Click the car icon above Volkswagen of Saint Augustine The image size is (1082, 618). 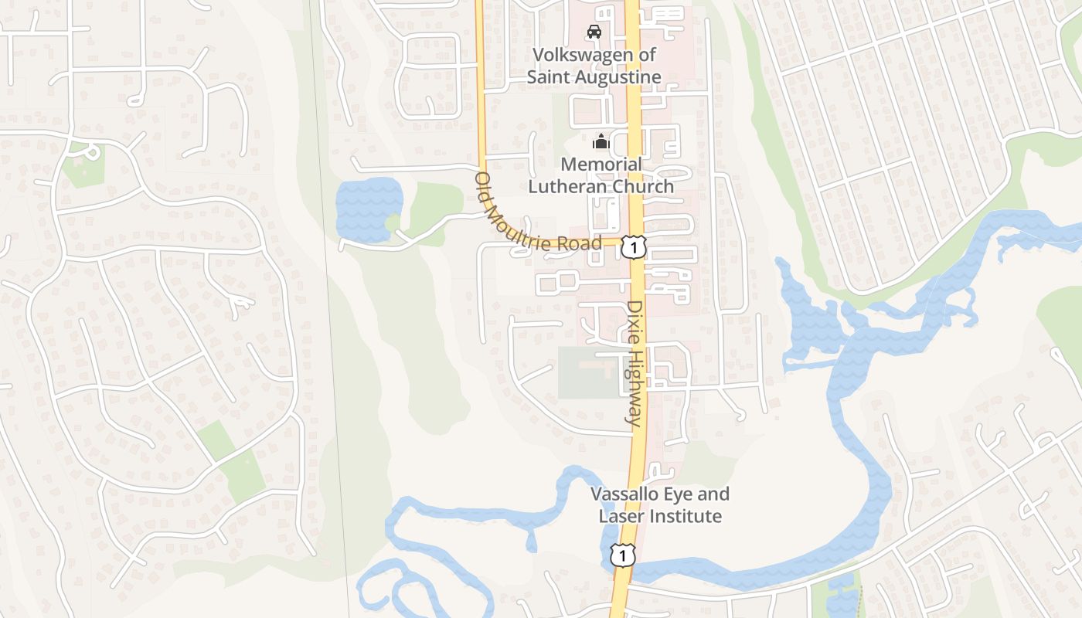coord(594,32)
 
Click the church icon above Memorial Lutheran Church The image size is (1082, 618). coord(601,141)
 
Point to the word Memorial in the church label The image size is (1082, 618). coord(601,164)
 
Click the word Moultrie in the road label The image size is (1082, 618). coord(528,229)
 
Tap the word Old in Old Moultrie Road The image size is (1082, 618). coord(484,184)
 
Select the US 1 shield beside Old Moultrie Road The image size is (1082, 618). coord(634,247)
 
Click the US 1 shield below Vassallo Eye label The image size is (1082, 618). coord(622,555)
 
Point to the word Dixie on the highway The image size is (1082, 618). coord(635,319)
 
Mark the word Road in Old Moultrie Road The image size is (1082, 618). coord(584,244)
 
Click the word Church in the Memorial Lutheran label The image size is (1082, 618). coord(644,186)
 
